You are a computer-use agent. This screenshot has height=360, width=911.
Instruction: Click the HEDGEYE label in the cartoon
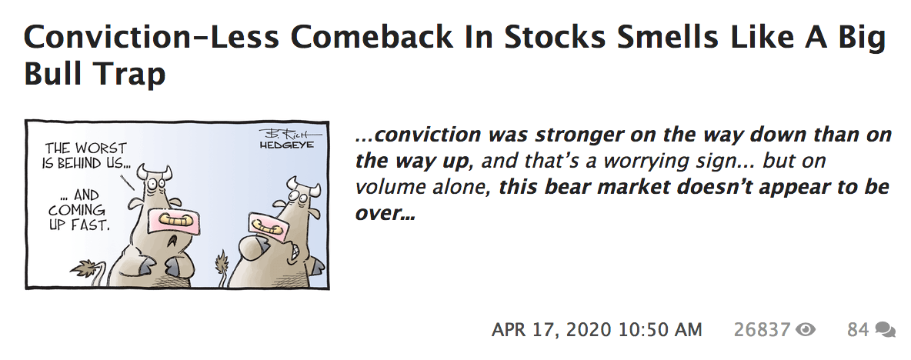(x=286, y=144)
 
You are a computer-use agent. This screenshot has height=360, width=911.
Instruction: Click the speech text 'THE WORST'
(x=85, y=148)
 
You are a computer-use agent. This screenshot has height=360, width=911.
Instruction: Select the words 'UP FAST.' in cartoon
(x=79, y=224)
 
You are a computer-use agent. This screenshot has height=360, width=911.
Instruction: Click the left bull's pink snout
(x=171, y=222)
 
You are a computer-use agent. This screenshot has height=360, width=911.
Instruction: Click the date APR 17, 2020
(x=551, y=330)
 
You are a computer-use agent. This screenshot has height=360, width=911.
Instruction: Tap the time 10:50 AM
(x=660, y=330)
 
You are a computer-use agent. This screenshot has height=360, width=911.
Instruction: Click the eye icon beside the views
(x=806, y=330)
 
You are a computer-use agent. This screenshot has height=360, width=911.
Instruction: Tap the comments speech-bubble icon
(x=885, y=330)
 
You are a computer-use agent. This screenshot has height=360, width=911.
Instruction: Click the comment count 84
(x=858, y=330)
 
